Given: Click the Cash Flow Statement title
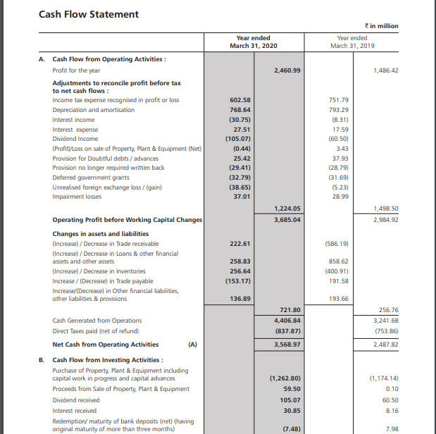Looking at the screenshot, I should pos(89,14).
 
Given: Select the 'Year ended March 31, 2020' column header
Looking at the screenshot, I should pos(249,42).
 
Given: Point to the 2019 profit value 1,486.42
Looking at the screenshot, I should pos(384,70).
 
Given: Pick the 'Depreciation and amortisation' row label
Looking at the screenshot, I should pos(93,110).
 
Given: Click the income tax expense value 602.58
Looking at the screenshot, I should pos(241,100).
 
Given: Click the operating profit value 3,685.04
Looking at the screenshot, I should pos(287,220).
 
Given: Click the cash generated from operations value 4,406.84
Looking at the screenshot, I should pos(287,321).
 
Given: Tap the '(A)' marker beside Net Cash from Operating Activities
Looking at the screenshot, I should pos(192,345).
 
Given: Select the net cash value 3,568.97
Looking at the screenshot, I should pos(287,345).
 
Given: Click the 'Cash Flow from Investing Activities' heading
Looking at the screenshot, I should pos(108,359).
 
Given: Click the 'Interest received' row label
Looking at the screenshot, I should pos(76,410).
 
